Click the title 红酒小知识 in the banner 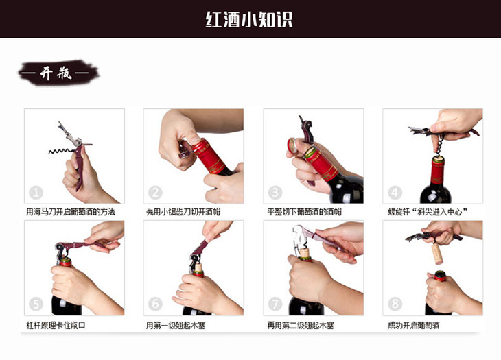click(x=249, y=20)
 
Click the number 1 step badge click(x=36, y=193)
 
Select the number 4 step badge click(x=395, y=193)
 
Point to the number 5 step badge click(x=36, y=304)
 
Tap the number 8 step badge click(x=395, y=304)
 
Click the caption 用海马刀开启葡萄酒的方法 click(x=71, y=212)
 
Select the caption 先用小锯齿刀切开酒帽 click(x=183, y=212)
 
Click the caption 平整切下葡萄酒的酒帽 click(x=305, y=212)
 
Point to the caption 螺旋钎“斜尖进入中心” click(x=428, y=212)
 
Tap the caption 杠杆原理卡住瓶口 click(x=56, y=326)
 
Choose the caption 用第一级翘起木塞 click(x=176, y=326)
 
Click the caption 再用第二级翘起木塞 click(x=301, y=326)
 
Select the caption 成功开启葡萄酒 click(x=413, y=326)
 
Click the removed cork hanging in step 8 click(x=436, y=254)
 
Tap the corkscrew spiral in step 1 click(x=60, y=151)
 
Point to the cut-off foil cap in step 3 click(x=292, y=145)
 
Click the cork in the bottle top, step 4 click(x=439, y=158)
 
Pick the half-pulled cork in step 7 click(x=304, y=254)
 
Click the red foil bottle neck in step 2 click(x=209, y=156)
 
